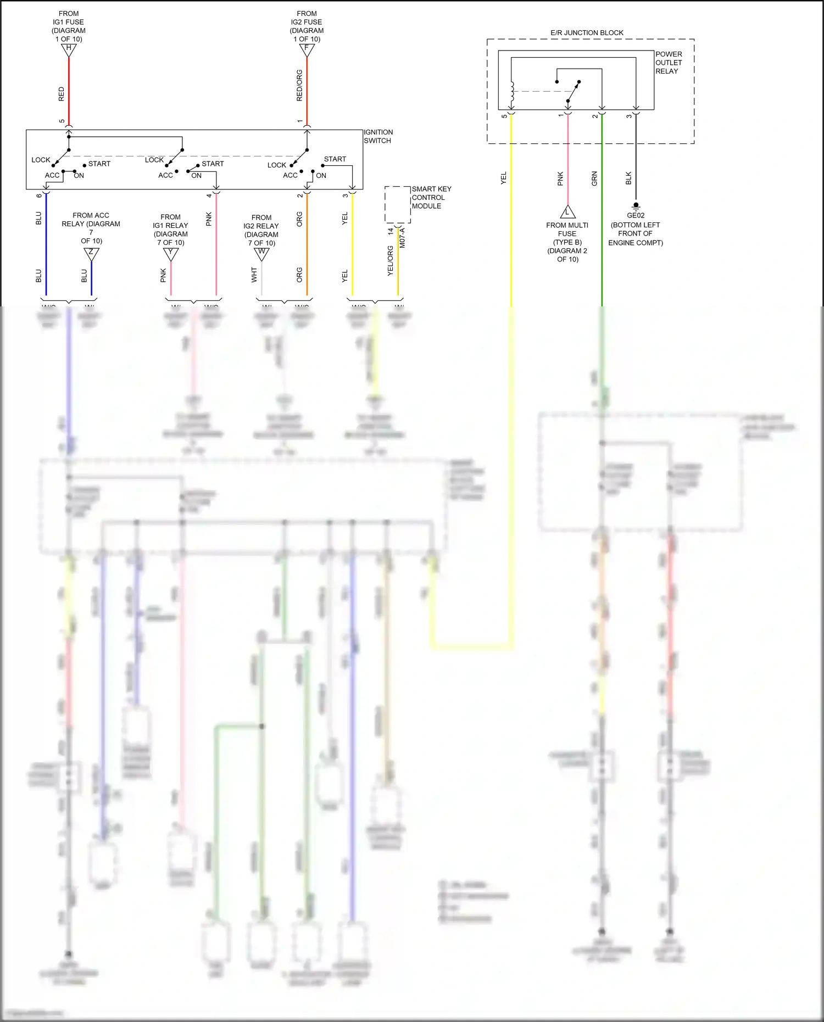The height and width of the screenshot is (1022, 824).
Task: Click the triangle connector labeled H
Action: tap(69, 49)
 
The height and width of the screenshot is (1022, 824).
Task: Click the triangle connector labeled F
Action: tap(307, 49)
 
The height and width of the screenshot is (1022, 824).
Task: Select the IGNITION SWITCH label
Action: tap(378, 136)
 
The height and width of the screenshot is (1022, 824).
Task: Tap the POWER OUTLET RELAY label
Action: tap(669, 63)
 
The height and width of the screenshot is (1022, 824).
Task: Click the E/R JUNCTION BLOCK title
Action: tap(587, 33)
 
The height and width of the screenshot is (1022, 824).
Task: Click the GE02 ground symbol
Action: tap(636, 206)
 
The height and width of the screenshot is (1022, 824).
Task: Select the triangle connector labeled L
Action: tap(567, 213)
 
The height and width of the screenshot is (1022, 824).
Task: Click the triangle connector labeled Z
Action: tap(91, 254)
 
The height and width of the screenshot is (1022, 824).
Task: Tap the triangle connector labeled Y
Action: tap(171, 254)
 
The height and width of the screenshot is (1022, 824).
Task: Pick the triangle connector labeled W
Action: tap(261, 254)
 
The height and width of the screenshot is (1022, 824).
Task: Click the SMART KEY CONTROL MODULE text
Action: tap(431, 197)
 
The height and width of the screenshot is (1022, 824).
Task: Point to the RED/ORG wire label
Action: tap(299, 85)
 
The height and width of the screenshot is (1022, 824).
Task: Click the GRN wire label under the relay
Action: tap(594, 178)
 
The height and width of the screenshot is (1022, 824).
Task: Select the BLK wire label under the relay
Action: tap(628, 178)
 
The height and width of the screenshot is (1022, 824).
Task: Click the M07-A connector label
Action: tap(403, 238)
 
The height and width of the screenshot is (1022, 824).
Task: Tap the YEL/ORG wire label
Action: tap(391, 260)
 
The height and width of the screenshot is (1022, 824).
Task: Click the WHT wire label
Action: tap(254, 275)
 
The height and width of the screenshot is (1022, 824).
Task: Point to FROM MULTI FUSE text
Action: tap(567, 230)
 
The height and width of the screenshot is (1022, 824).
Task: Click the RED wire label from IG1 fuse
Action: tap(62, 94)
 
